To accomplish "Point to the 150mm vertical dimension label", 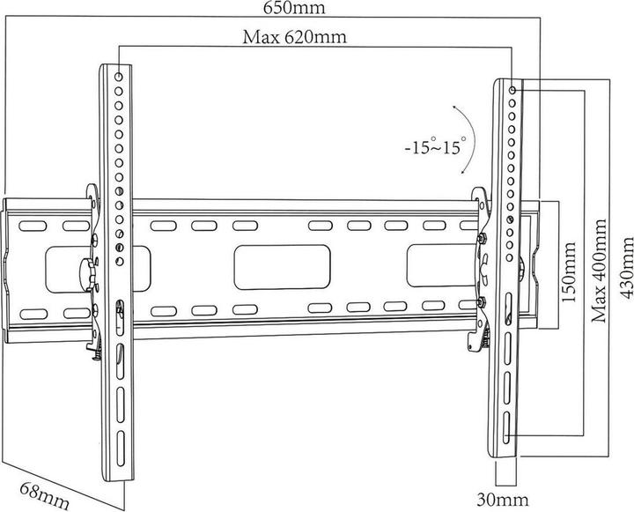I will (x=569, y=269).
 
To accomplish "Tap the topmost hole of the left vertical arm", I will (x=120, y=77).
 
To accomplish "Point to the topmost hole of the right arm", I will (x=513, y=88).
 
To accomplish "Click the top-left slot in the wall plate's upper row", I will (x=32, y=226).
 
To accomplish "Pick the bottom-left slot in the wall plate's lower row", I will (x=32, y=310).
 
